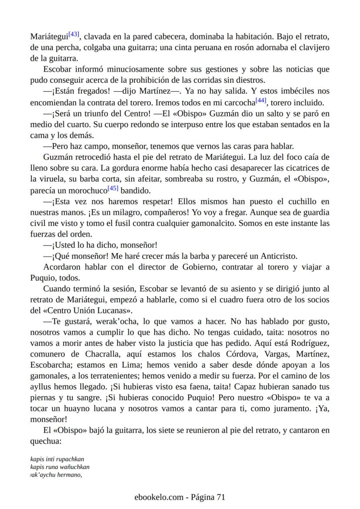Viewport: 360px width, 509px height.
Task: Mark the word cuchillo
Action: [300, 202]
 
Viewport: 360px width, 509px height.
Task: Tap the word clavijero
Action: [312, 47]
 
